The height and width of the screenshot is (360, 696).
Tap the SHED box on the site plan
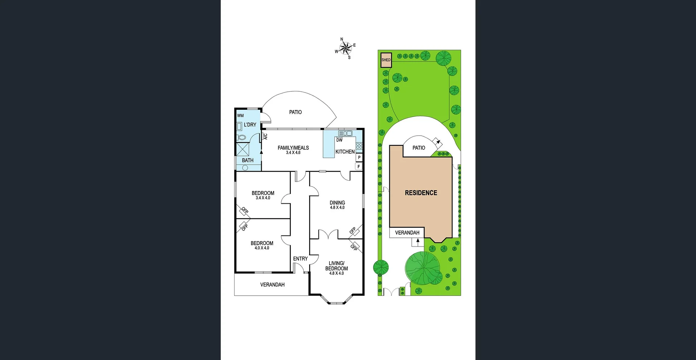click(386, 60)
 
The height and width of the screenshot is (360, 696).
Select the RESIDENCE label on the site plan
click(421, 193)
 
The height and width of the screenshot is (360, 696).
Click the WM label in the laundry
click(240, 116)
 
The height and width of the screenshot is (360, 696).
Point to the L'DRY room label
click(250, 125)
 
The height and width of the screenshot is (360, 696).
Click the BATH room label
click(248, 160)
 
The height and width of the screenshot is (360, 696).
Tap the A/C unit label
click(265, 137)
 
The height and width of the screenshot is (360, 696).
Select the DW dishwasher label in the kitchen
click(339, 140)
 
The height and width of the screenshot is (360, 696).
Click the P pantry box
click(359, 158)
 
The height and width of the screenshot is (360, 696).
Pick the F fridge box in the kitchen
click(359, 167)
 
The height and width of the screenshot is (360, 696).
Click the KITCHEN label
click(345, 152)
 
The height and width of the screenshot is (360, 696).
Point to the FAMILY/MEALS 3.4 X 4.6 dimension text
click(293, 153)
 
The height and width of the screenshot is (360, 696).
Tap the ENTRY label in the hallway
click(300, 258)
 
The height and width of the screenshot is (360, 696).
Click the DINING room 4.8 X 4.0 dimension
click(337, 208)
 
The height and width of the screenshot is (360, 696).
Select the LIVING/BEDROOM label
click(336, 266)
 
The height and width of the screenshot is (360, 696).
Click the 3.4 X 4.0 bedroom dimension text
click(263, 198)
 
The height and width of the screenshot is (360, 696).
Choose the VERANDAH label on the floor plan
click(272, 285)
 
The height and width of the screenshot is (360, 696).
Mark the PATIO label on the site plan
click(419, 148)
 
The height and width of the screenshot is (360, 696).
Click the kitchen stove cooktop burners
click(359, 146)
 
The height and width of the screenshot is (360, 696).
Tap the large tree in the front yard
click(423, 268)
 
